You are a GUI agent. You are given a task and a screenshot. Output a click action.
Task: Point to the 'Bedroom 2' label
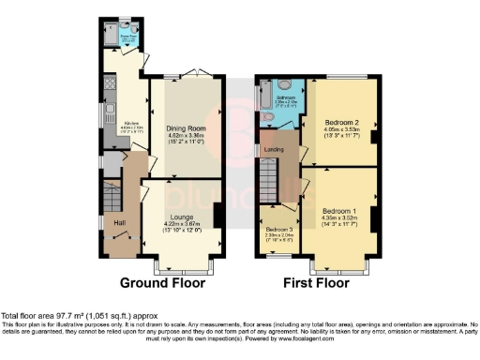coord(342,122)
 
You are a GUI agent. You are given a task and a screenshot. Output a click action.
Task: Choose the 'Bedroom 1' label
coord(339,211)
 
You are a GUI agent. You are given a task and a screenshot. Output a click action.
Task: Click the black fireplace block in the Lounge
coord(218,214)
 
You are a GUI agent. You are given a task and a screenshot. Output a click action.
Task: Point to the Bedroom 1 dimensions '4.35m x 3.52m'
coord(339,218)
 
